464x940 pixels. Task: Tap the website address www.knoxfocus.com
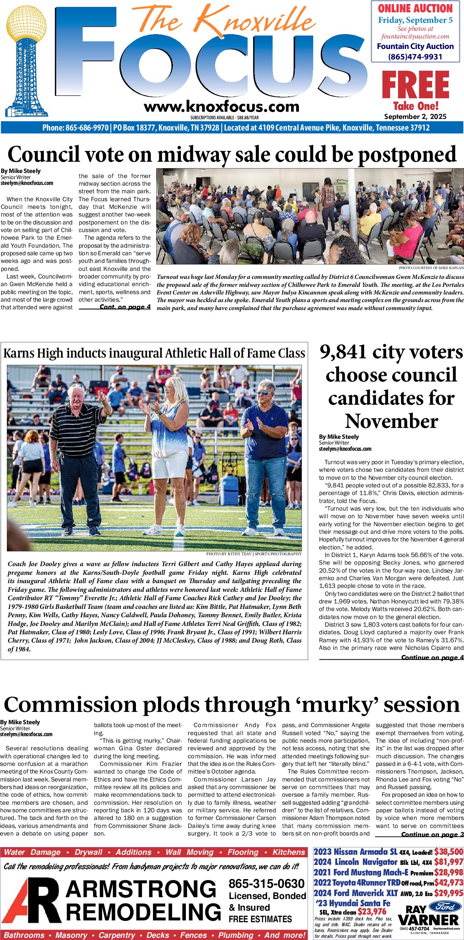coord(221,107)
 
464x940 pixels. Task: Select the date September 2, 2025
coord(415,117)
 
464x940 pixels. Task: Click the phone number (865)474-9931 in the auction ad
coord(415,57)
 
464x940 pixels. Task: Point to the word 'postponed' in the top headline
coord(407,155)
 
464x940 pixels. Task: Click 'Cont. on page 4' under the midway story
coord(125,307)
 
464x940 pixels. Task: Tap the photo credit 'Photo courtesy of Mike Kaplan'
coord(431,268)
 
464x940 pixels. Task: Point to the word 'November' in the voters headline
coord(391,421)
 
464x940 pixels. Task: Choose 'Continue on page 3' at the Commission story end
coord(432,834)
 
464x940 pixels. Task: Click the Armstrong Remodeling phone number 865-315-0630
coord(266,883)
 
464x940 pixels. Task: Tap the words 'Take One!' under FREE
coord(415,106)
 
